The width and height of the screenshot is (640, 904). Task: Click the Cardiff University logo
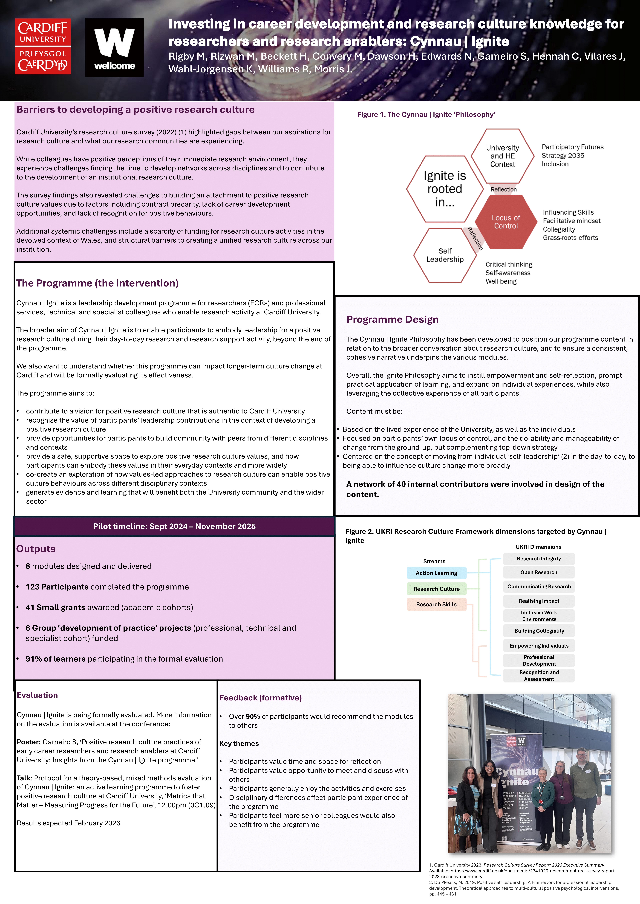click(x=43, y=46)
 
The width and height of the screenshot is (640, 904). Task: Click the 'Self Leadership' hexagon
click(x=445, y=255)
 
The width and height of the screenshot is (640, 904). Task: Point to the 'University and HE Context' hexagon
click(x=502, y=156)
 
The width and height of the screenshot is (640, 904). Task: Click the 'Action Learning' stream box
click(x=436, y=573)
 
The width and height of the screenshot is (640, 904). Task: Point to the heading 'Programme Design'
click(x=392, y=319)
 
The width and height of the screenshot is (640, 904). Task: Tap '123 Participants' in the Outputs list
click(x=57, y=587)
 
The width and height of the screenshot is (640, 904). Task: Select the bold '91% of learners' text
click(x=55, y=659)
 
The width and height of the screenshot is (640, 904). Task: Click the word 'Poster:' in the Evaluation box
click(x=29, y=742)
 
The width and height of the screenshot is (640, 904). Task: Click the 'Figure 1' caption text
click(x=426, y=115)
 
